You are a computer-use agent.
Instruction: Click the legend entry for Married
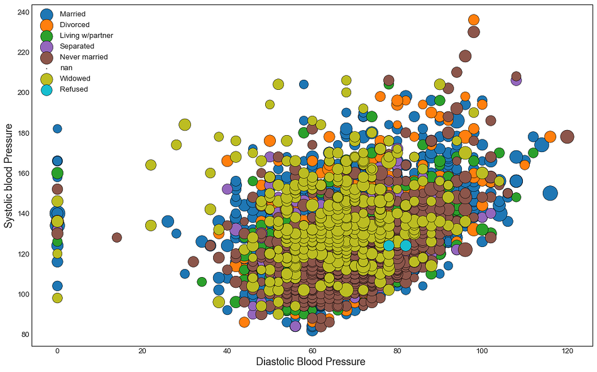72,14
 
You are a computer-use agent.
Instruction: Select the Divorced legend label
74,25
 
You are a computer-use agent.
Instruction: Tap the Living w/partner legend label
86,35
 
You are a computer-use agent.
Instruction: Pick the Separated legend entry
77,46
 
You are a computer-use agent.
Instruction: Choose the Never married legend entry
84,57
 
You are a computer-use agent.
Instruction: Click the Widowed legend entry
75,79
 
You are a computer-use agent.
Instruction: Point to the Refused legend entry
74,89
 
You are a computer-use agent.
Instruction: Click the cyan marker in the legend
47,89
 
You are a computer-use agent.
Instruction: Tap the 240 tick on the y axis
23,12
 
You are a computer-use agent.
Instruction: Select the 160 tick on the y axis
23,173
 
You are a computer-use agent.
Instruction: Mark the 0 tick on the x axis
57,351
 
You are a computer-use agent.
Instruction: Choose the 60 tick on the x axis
312,351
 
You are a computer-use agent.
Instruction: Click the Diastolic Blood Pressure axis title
310,363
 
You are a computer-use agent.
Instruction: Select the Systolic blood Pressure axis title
9,175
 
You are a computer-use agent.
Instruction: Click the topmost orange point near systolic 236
474,20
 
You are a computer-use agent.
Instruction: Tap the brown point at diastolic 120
567,137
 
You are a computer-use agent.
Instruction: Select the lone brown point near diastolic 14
117,238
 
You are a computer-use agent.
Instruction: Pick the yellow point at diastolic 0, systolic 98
57,298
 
